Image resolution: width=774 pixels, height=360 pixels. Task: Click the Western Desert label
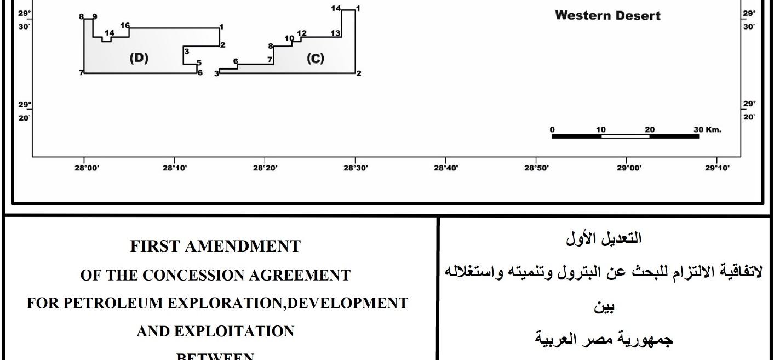pos(607,16)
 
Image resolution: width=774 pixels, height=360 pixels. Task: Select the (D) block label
pos(139,58)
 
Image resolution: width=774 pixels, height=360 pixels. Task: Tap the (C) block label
pos(315,59)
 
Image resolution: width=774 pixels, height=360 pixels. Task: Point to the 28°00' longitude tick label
pos(84,168)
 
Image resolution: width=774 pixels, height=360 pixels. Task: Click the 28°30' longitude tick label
pos(355,168)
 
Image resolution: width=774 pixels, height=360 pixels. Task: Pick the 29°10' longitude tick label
pos(717,168)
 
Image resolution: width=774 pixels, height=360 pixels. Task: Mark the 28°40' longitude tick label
pos(445,168)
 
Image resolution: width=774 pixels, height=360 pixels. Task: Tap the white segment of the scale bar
pos(625,136)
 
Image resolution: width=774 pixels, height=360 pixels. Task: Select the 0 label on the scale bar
pos(552,130)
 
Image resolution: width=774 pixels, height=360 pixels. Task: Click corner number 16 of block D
pos(125,26)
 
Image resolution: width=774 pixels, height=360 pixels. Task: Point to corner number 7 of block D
pos(81,73)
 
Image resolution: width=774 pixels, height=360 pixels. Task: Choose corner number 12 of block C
pos(301,33)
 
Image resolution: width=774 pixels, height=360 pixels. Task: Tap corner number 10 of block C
pos(289,38)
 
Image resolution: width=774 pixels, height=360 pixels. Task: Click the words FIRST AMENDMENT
pos(215,247)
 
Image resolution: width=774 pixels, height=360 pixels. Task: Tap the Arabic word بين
pos(605,308)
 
